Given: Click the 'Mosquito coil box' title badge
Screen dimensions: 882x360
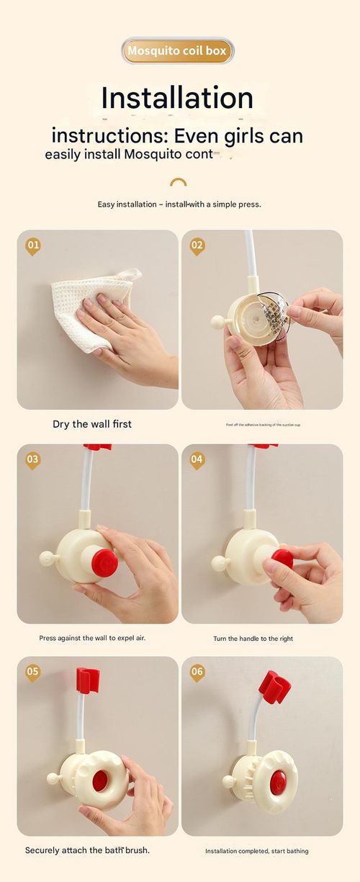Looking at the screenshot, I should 177,51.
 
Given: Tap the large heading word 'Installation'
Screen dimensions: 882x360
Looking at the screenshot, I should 177,98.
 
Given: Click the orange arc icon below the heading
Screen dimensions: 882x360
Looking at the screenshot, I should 179,182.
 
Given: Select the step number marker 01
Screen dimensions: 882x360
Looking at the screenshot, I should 33,246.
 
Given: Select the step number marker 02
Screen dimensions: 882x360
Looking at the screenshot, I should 197,246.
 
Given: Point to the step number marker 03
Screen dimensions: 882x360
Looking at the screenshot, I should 33,459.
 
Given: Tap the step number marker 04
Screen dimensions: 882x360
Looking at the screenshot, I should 197,459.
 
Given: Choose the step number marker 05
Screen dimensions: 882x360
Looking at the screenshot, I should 33,672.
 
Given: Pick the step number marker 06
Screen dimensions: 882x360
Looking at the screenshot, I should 197,672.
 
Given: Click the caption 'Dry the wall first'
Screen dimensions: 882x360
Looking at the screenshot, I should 92,424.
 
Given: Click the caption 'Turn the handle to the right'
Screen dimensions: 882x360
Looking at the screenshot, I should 253,639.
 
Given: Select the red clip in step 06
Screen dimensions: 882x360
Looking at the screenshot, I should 274,687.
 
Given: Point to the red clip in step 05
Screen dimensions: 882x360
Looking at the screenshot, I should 87,679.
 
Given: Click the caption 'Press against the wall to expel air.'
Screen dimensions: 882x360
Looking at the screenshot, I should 92,638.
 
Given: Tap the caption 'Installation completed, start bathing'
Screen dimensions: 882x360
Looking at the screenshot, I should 256,851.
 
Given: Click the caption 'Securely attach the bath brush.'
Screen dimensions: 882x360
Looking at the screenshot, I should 87,850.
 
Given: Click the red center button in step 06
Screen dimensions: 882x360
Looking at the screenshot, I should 279,783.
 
